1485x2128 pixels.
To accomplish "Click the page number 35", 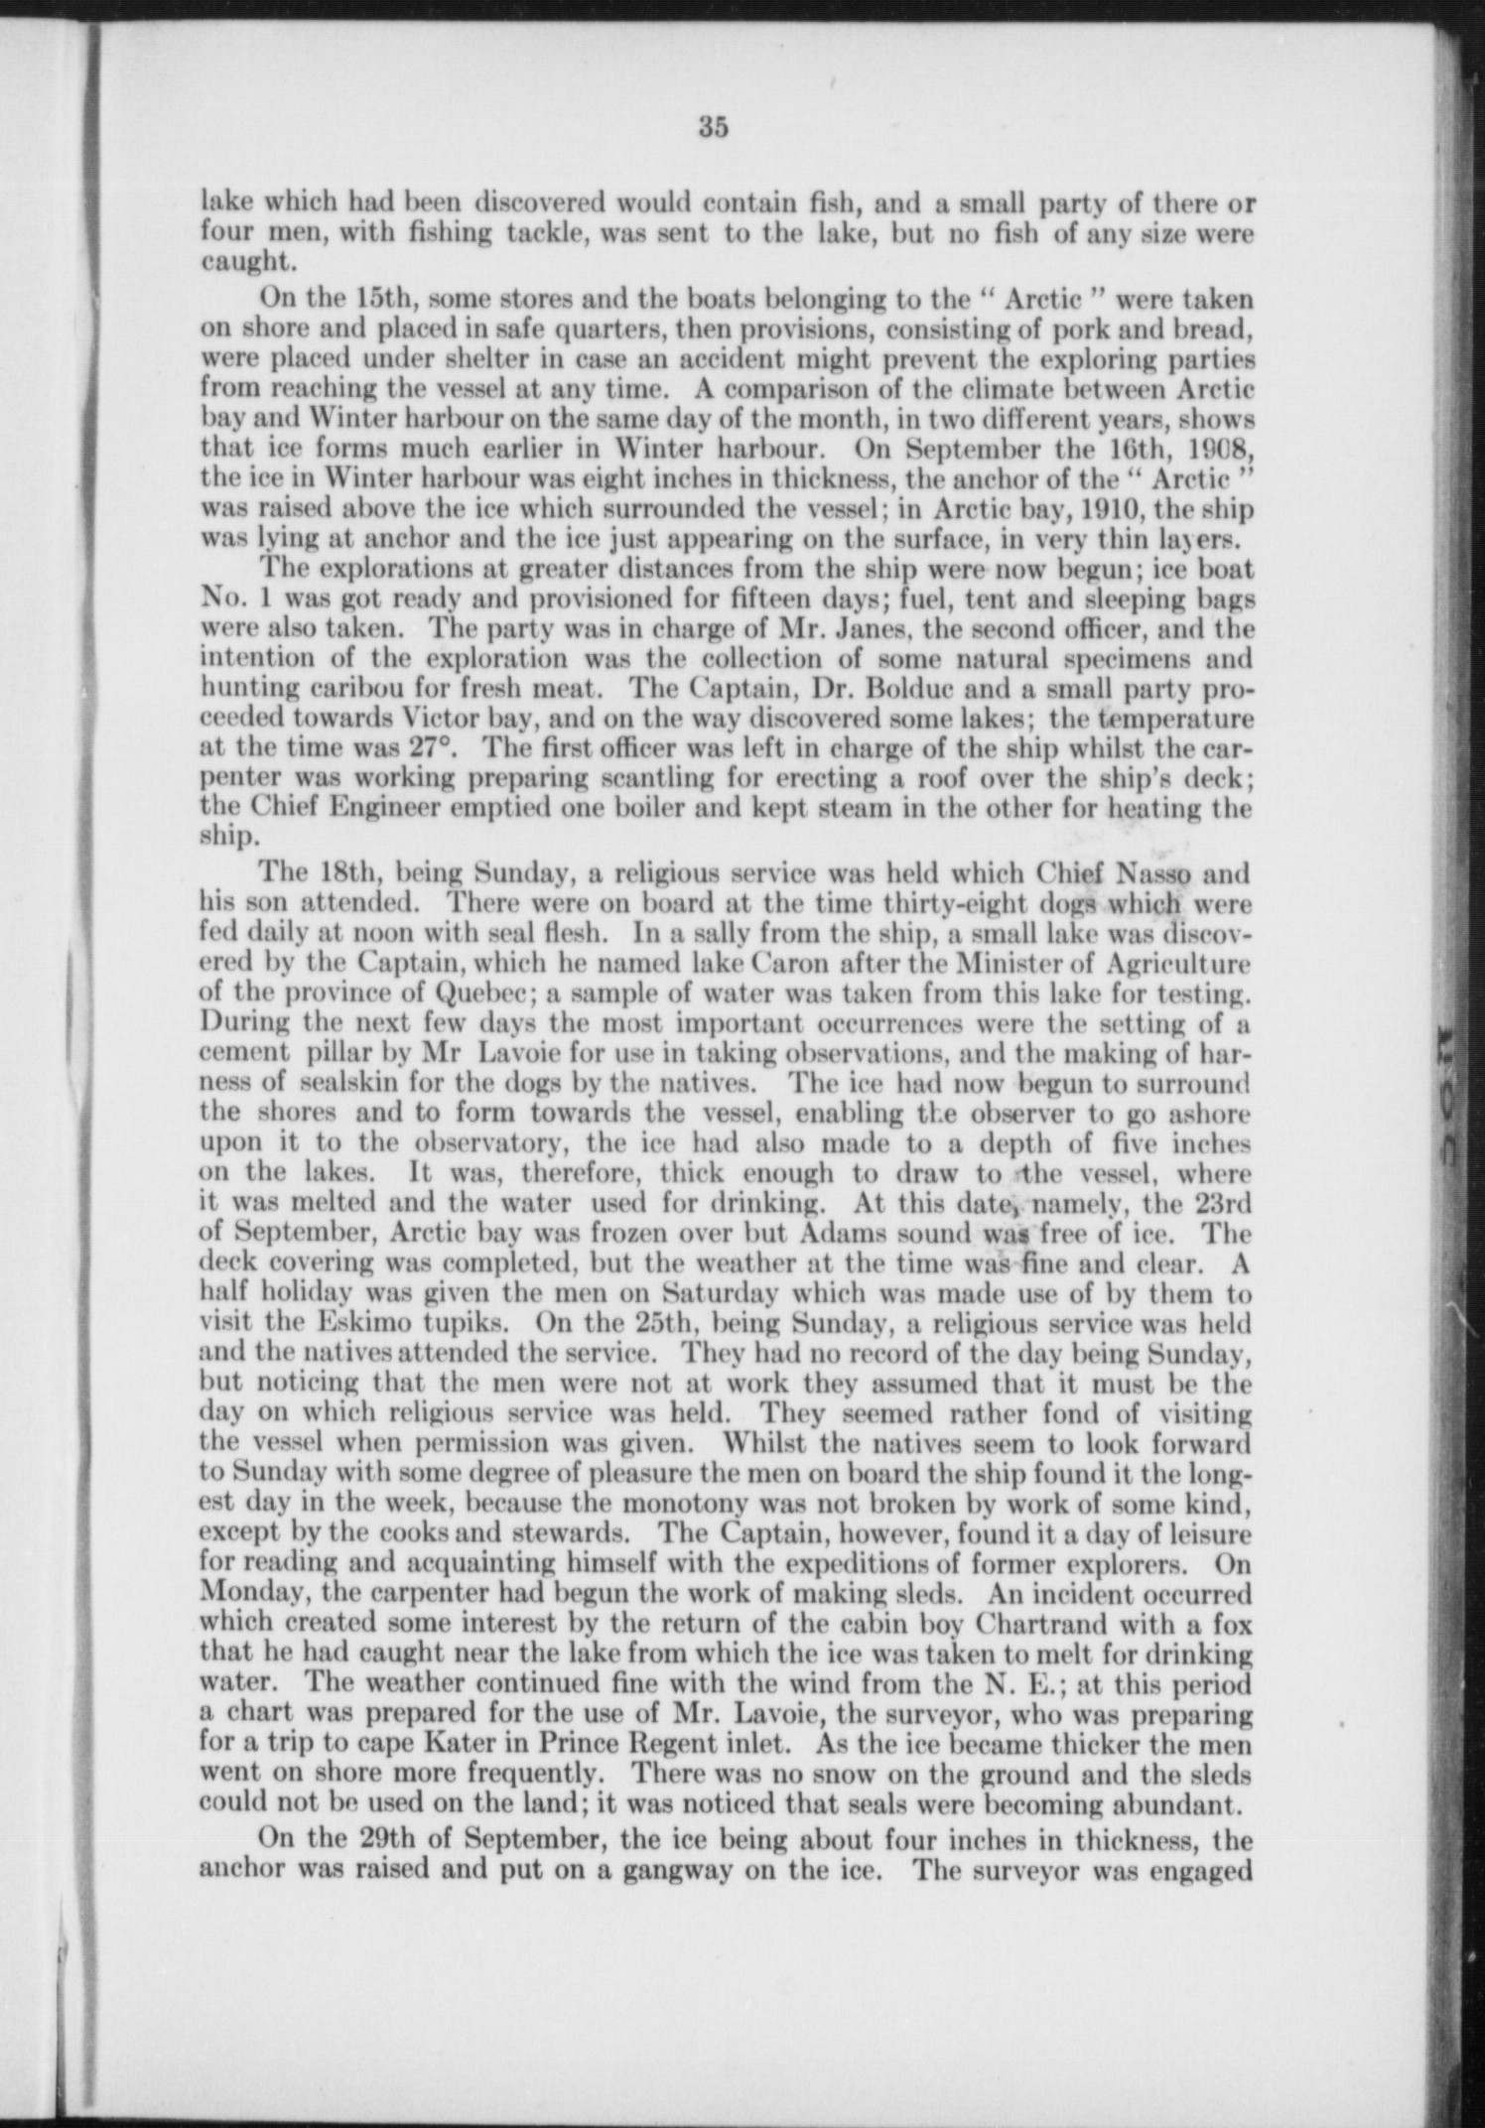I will [x=714, y=127].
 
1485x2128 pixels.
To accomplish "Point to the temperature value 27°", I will [x=427, y=748].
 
